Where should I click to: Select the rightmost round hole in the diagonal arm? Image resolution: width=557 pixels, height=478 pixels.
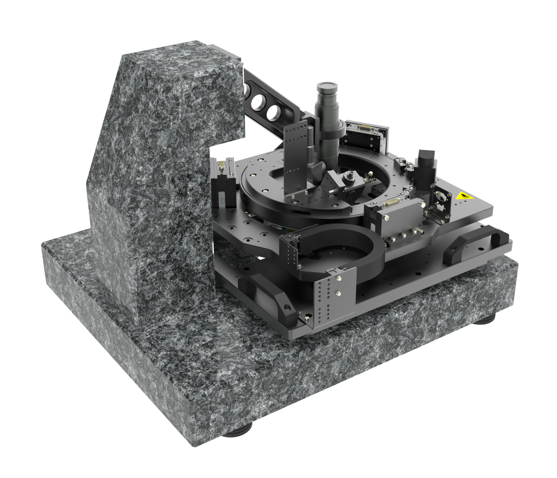click(x=274, y=112)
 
